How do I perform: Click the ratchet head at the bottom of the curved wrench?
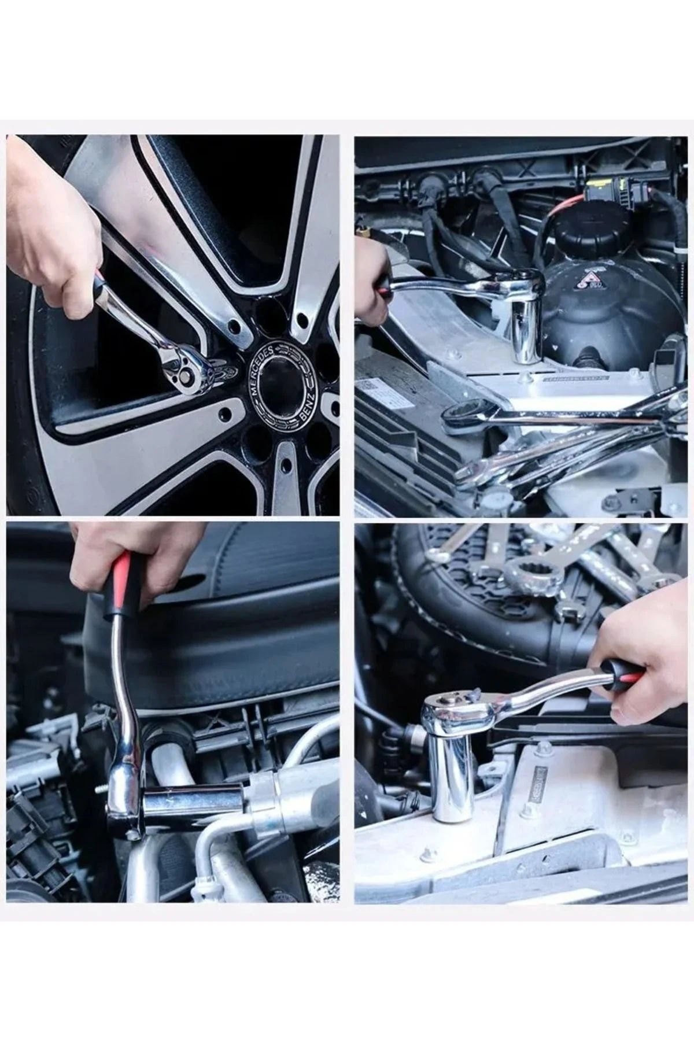[124, 804]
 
